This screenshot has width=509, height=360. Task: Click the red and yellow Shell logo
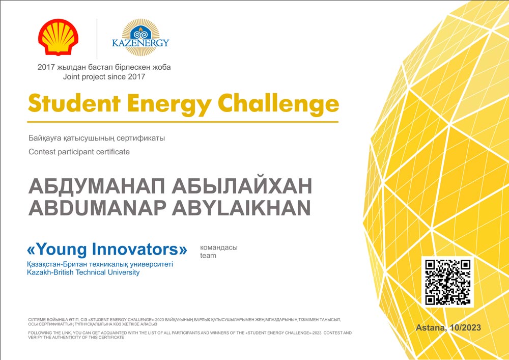click(x=58, y=37)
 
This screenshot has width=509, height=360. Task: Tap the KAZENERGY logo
click(x=140, y=37)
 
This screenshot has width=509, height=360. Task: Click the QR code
click(x=447, y=282)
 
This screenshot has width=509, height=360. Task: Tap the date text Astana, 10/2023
click(x=448, y=327)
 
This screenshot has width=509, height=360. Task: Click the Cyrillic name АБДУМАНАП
click(x=97, y=186)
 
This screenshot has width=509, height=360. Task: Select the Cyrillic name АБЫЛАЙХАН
click(x=242, y=186)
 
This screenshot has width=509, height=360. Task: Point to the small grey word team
click(x=208, y=256)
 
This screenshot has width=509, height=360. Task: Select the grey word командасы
click(x=219, y=247)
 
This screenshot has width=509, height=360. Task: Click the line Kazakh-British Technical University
click(x=83, y=272)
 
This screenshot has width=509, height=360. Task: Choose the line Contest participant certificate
click(x=79, y=152)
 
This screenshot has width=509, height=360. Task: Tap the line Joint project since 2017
click(x=104, y=77)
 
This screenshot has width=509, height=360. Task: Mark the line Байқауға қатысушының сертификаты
click(x=97, y=139)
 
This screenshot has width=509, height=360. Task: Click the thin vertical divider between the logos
click(x=97, y=39)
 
